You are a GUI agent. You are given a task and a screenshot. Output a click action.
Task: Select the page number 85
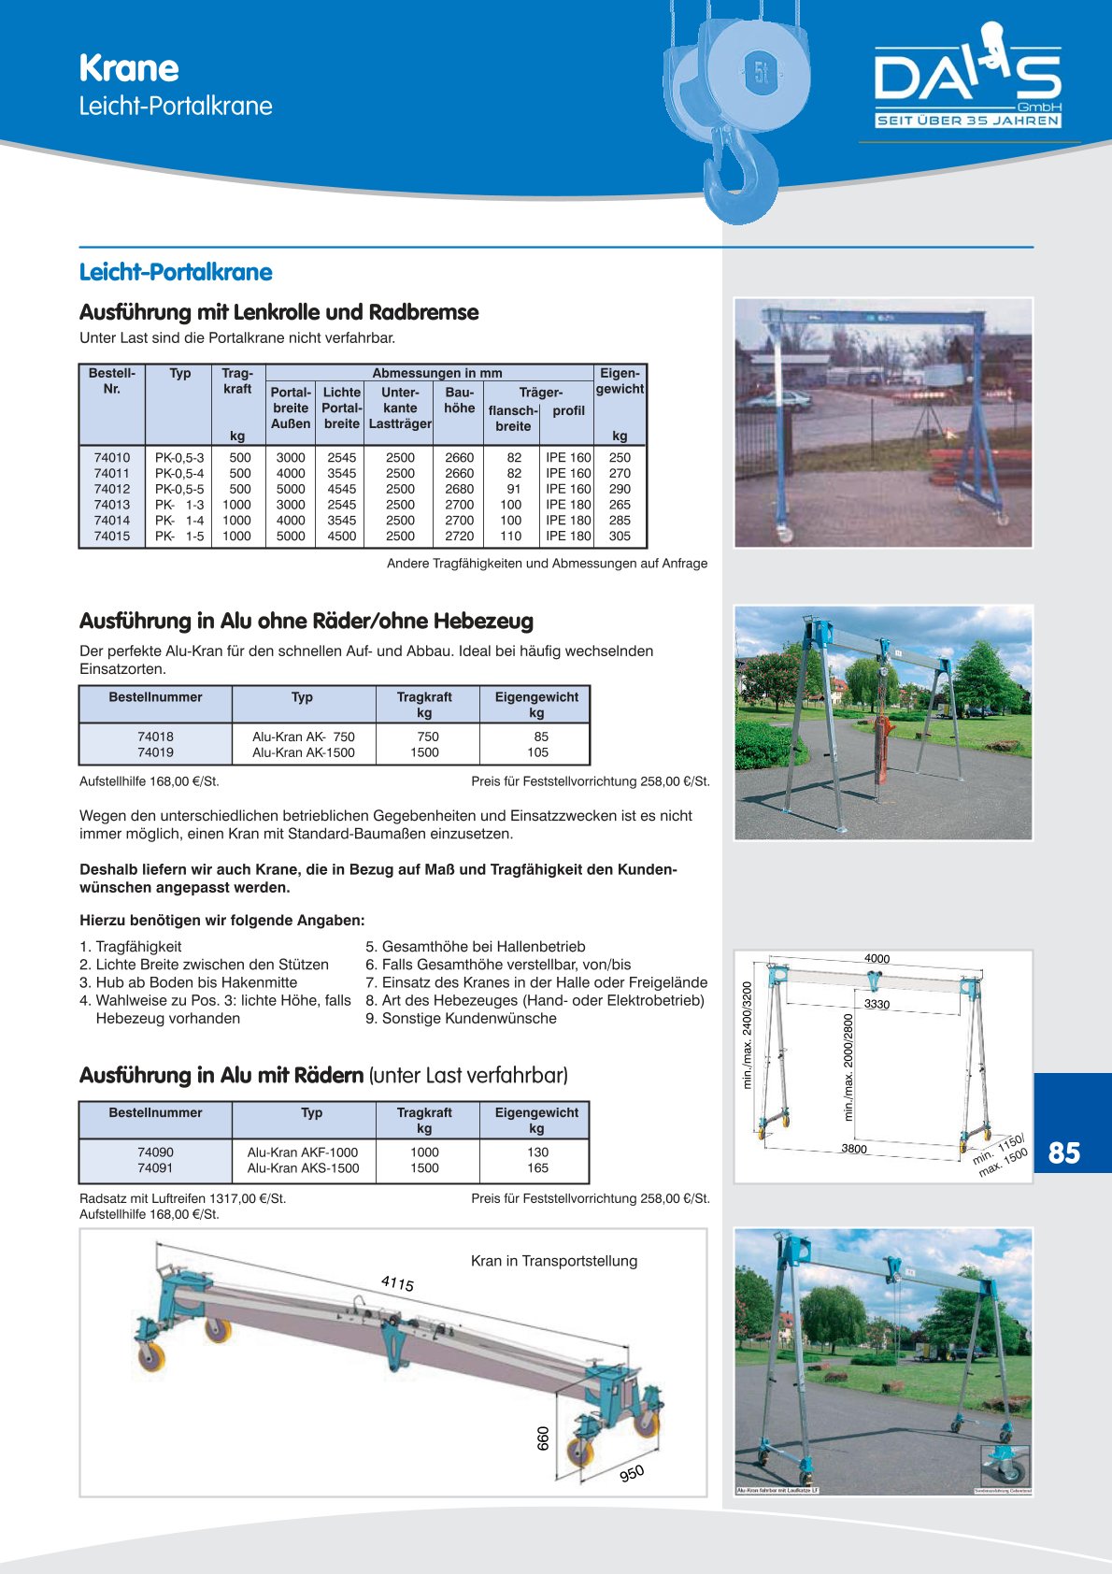click(1064, 1152)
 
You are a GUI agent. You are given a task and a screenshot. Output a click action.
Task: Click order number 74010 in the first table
click(112, 458)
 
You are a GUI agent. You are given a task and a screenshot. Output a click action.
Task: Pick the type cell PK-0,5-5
click(179, 489)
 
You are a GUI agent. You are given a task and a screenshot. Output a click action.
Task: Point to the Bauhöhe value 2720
click(460, 537)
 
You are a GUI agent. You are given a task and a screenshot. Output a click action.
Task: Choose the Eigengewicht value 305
click(620, 537)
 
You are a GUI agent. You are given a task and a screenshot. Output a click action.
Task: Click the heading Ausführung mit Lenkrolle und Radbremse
click(278, 312)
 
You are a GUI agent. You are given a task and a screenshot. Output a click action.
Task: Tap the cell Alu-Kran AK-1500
click(304, 752)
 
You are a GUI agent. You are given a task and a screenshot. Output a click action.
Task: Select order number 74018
click(155, 737)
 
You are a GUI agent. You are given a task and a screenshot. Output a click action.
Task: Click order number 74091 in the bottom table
click(155, 1168)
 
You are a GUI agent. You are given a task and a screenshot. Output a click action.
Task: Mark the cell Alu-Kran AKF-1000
click(303, 1152)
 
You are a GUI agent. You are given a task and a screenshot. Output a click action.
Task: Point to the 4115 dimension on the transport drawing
click(397, 1283)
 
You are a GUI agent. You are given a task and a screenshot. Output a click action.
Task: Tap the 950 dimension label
click(632, 1473)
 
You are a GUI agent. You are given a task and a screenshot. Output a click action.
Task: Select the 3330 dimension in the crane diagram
click(877, 1004)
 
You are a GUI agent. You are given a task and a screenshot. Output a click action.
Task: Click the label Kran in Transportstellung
click(554, 1261)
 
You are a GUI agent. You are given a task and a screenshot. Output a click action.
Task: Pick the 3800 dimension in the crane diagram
click(853, 1149)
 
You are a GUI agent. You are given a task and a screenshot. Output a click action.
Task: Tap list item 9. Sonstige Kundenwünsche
click(461, 1018)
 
